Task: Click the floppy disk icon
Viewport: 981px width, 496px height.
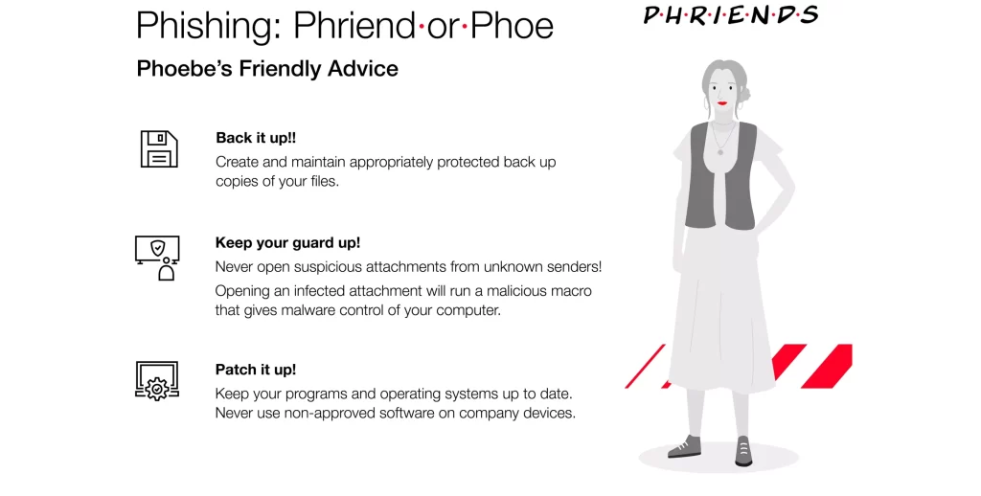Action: pyautogui.click(x=159, y=148)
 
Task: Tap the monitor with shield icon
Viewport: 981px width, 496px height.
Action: pyautogui.click(x=157, y=258)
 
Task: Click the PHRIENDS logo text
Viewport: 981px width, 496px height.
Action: pyautogui.click(x=731, y=14)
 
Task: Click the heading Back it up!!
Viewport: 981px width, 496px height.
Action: pyautogui.click(x=256, y=138)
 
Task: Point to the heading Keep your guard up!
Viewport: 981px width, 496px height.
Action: pyautogui.click(x=287, y=242)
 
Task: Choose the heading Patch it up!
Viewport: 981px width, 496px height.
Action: pyautogui.click(x=256, y=370)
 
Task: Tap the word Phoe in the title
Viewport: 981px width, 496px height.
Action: pyautogui.click(x=512, y=26)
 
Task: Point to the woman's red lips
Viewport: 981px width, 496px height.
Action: pyautogui.click(x=722, y=103)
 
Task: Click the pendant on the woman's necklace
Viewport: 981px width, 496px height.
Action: pyautogui.click(x=720, y=151)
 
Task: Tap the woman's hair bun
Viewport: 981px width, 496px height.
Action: pyautogui.click(x=743, y=95)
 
